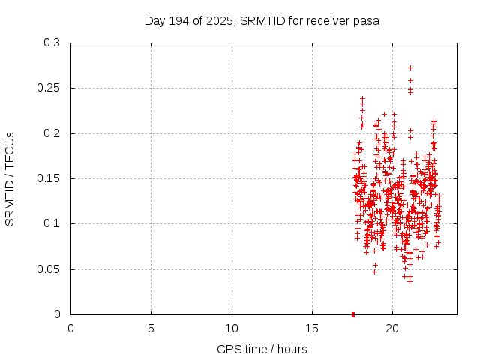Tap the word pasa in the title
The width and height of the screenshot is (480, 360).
[x=367, y=21]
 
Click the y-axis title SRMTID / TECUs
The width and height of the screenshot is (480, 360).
[x=10, y=178]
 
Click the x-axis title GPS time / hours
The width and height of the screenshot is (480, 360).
[x=262, y=349]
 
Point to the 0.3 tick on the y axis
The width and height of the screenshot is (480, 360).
[x=52, y=43]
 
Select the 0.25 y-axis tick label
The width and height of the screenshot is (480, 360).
[x=49, y=88]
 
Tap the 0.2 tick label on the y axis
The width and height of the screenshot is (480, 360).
[x=52, y=133]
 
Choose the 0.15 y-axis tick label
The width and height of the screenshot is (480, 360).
[x=49, y=178]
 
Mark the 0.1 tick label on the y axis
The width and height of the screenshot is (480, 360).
[x=52, y=224]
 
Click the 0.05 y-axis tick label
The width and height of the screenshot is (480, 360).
[x=49, y=269]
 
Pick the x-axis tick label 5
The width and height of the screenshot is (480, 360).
[x=151, y=328]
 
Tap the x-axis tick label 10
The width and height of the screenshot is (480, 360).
[x=232, y=328]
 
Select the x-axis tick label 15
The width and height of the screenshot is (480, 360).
[x=312, y=328]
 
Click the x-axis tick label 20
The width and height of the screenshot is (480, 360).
[x=392, y=328]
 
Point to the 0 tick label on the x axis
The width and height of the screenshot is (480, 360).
[x=71, y=328]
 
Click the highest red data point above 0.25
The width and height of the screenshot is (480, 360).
[x=410, y=67]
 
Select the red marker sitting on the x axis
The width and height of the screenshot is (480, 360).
[x=353, y=313]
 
